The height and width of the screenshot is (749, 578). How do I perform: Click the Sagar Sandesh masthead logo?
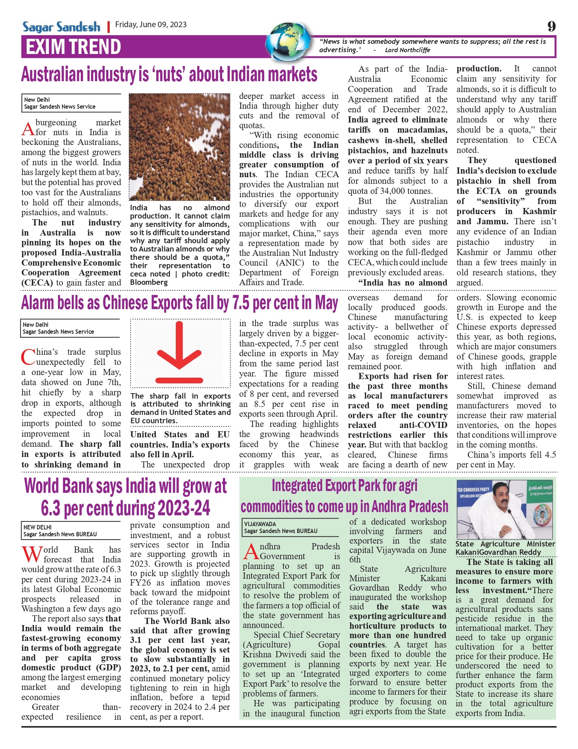click(61, 27)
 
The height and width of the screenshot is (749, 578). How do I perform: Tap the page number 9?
click(551, 26)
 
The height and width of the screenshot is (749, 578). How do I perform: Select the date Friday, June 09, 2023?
click(151, 25)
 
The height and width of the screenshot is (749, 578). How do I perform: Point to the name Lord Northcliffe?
click(407, 50)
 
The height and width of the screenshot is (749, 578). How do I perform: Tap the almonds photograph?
click(179, 147)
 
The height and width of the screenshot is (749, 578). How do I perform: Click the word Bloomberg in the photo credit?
click(149, 282)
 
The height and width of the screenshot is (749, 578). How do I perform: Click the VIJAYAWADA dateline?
click(260, 524)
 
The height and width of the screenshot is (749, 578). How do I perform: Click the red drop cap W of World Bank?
click(32, 554)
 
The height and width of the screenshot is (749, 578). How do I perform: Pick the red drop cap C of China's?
click(28, 357)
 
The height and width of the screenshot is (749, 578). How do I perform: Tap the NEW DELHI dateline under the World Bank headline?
click(37, 527)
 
